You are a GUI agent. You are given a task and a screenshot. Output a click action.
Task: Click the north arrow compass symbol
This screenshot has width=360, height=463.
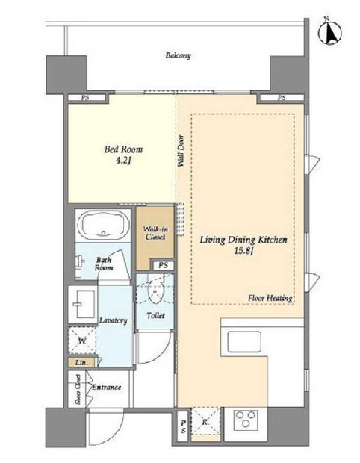click(330, 32)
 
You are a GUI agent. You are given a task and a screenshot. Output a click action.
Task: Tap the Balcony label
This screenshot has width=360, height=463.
click(178, 55)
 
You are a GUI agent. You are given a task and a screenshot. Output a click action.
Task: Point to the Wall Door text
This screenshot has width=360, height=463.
click(181, 151)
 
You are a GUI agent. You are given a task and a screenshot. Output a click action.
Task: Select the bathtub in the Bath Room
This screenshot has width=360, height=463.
click(102, 226)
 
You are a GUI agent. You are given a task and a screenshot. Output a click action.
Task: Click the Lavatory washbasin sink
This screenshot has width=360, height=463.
click(83, 304)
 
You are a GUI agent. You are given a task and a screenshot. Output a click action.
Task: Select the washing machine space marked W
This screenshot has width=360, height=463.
click(82, 341)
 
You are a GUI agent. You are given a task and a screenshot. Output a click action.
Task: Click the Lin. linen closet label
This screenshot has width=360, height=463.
click(81, 363)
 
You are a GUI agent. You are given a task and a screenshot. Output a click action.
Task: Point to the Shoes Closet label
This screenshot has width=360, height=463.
click(78, 389)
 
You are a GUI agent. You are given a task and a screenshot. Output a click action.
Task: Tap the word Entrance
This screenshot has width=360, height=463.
click(107, 387)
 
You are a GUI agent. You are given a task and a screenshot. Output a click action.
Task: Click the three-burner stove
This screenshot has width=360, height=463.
click(246, 419)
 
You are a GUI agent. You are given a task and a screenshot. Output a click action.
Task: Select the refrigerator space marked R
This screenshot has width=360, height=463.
click(205, 420)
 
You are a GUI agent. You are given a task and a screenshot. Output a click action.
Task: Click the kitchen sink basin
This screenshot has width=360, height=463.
click(244, 342)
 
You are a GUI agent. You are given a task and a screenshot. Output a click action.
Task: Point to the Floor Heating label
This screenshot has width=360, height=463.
click(270, 298)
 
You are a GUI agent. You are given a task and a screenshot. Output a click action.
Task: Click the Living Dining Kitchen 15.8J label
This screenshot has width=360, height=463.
click(243, 245)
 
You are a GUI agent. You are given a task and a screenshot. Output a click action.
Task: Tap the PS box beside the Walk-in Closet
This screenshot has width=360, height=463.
click(163, 265)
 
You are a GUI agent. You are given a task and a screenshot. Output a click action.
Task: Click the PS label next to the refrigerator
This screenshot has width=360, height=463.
click(184, 426)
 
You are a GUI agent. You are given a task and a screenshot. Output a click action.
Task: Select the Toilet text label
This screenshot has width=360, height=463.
click(155, 316)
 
